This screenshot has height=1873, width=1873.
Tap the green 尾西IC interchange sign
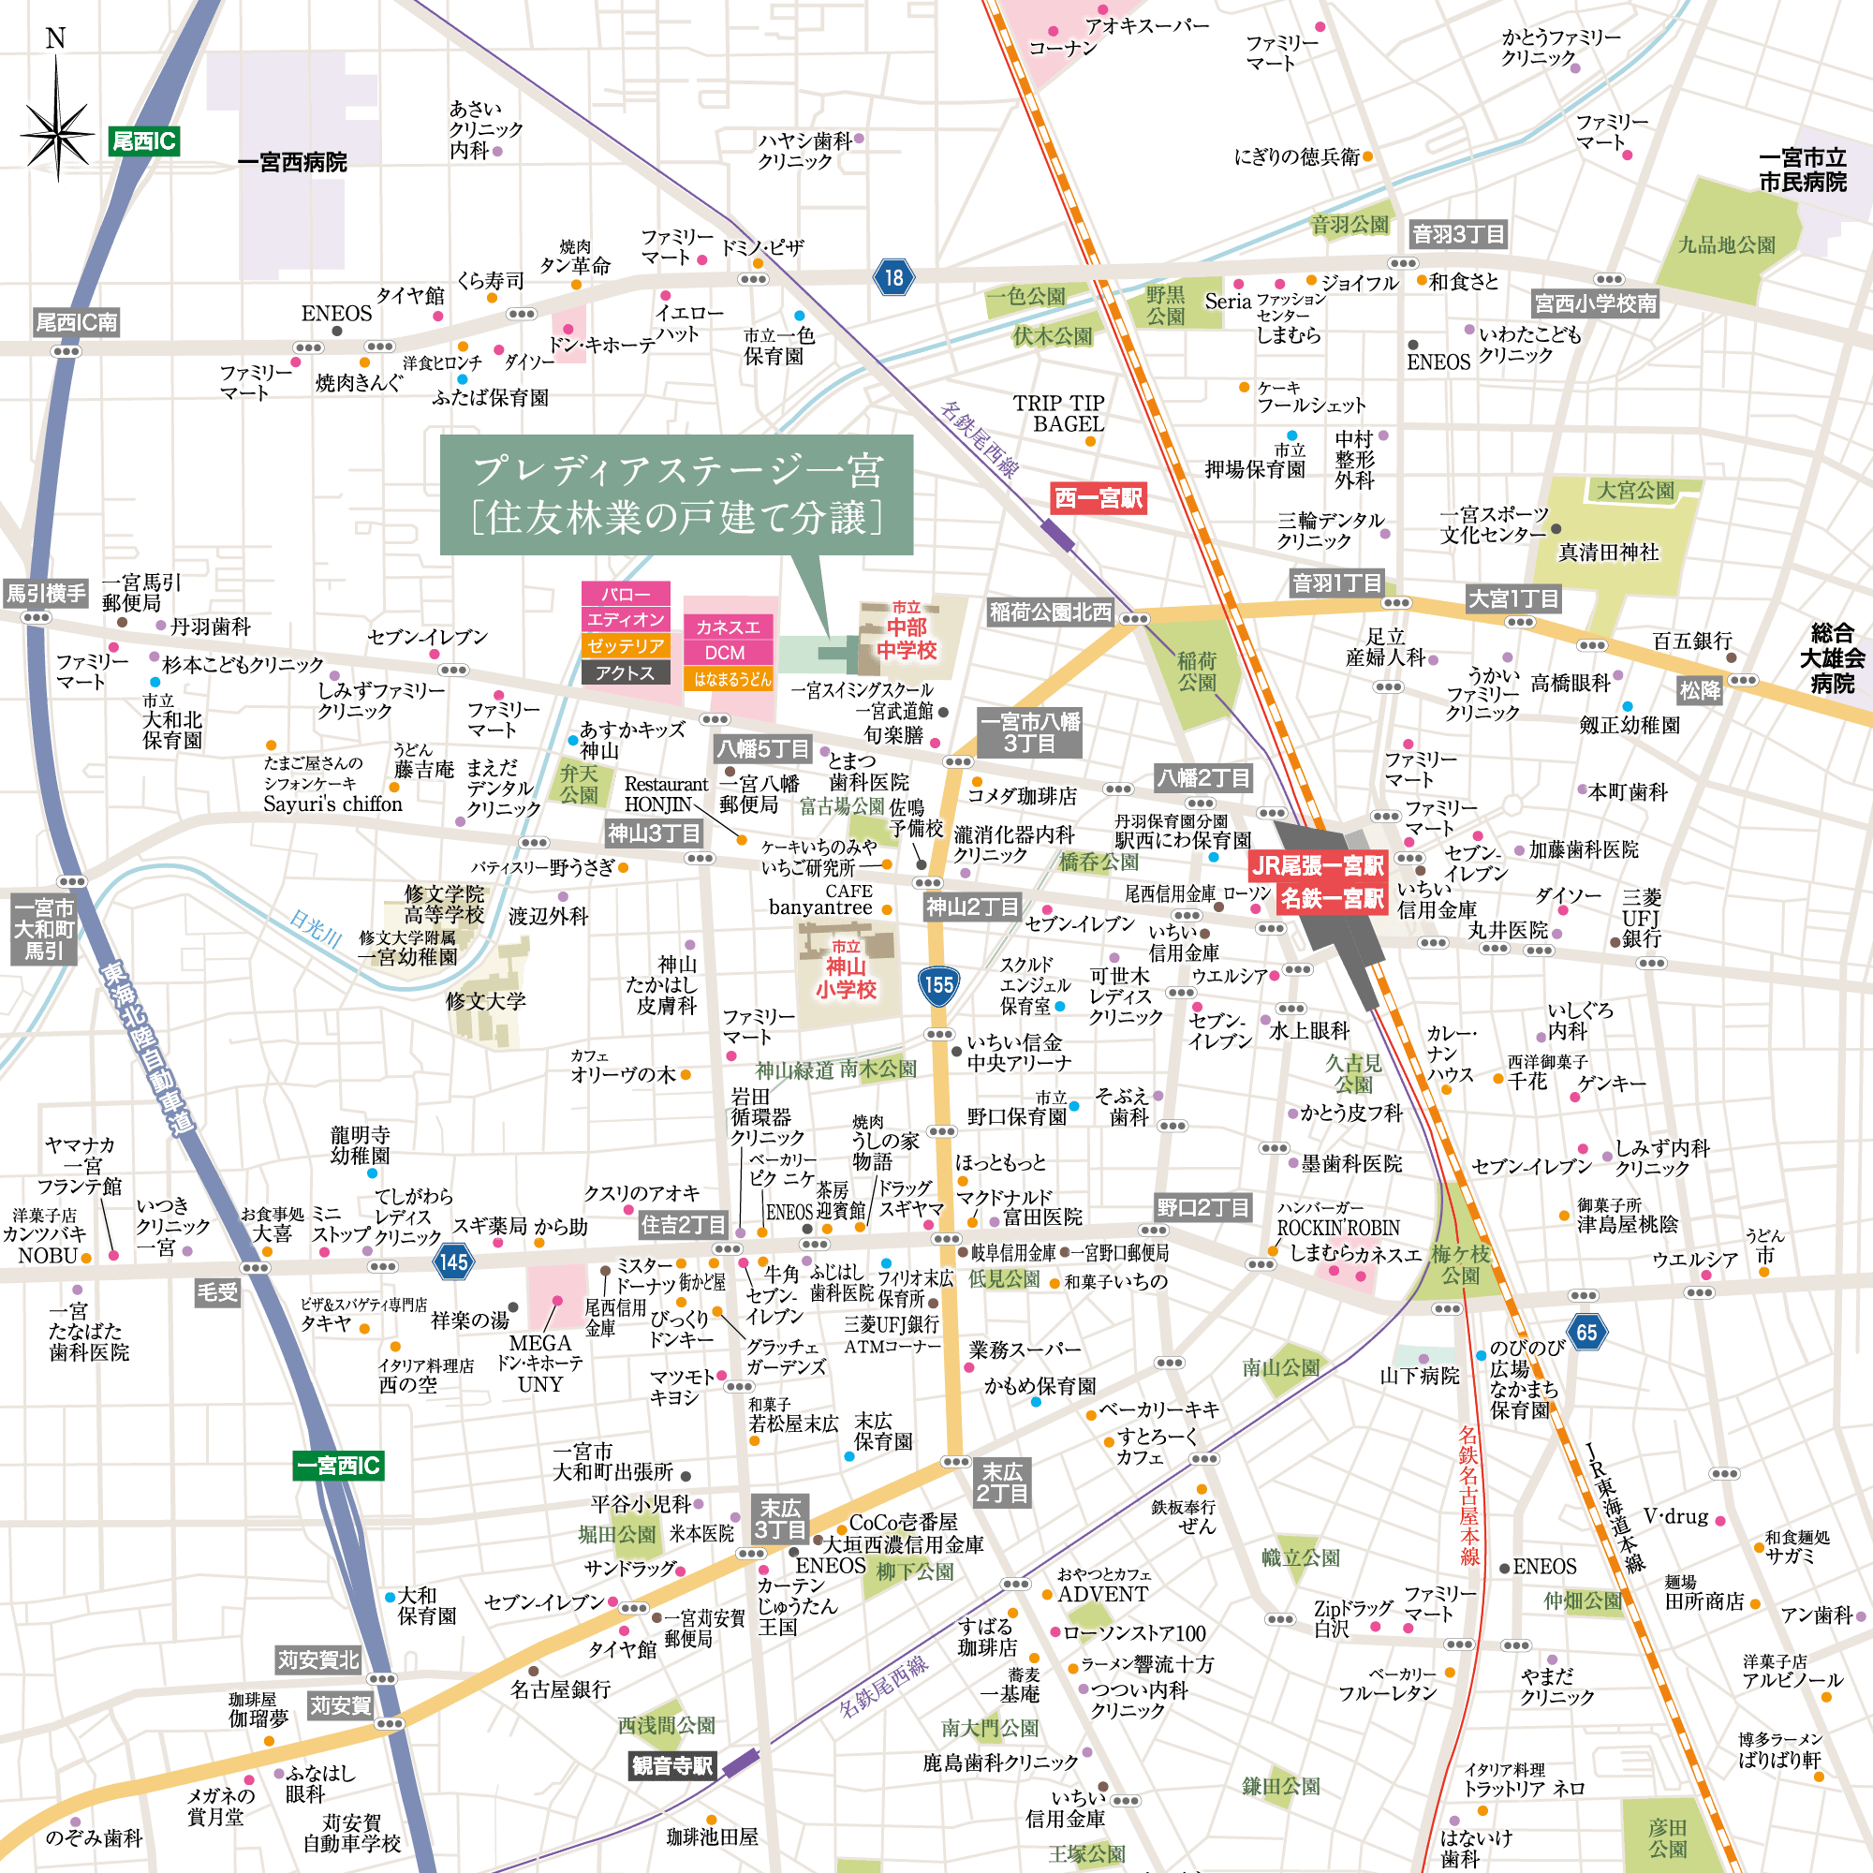point(143,141)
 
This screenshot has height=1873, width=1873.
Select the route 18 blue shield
point(892,278)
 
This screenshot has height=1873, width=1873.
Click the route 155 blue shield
point(937,985)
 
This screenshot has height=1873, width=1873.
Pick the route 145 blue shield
point(452,1261)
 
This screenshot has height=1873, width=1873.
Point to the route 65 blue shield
point(1586,1332)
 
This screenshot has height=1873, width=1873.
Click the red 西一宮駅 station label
point(1099,498)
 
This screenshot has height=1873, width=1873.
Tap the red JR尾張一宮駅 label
point(1317,865)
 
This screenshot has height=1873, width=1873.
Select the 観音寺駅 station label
point(671,1766)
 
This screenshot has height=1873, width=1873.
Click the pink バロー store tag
point(626,595)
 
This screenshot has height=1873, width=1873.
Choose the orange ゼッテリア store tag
point(626,645)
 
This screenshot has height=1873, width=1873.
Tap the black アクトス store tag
point(626,671)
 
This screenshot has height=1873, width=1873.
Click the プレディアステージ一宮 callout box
point(676,494)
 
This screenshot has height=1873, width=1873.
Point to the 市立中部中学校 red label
point(907,632)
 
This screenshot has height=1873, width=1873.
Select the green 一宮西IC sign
point(338,1465)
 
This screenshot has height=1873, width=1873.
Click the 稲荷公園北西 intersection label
point(1050,612)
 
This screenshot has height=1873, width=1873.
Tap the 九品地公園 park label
point(1726,244)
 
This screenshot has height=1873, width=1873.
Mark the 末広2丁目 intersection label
point(1001,1482)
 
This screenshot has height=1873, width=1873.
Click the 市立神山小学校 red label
point(846,969)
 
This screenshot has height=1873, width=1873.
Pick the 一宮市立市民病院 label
point(1802,170)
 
